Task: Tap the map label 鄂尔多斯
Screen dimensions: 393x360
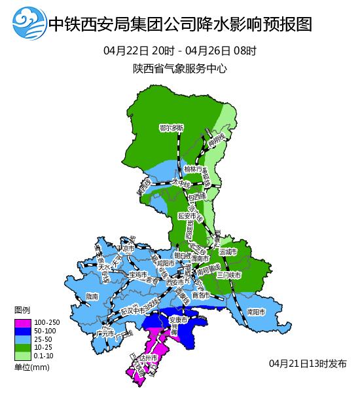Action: point(171,127)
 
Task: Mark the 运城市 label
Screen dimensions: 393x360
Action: point(228,252)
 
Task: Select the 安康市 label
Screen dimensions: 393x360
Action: point(178,320)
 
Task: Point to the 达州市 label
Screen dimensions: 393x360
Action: point(147,359)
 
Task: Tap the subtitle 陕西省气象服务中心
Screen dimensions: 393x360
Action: point(179,68)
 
